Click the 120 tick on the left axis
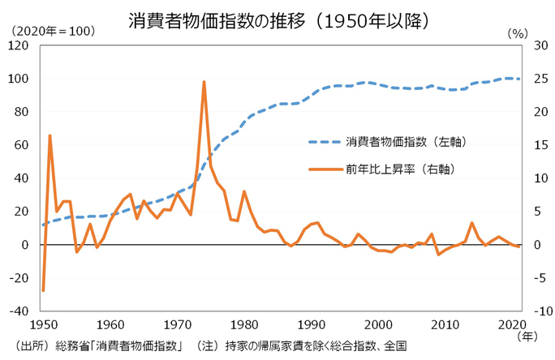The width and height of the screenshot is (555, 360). [x=19, y=45]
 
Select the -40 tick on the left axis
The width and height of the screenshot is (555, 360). [x=19, y=311]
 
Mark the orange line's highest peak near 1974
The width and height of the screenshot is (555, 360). [x=204, y=82]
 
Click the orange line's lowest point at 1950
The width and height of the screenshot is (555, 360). [x=43, y=289]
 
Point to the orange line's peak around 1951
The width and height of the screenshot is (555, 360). [x=49, y=135]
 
